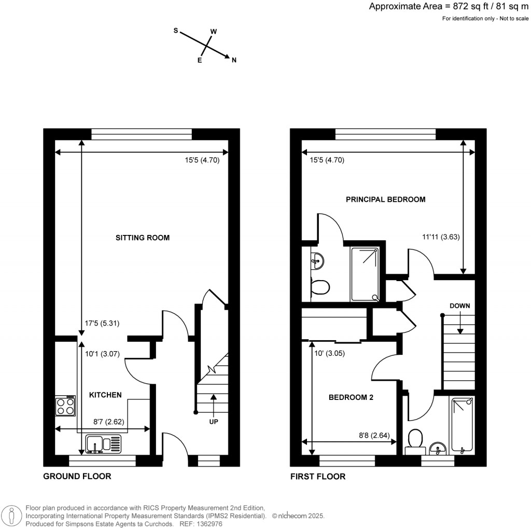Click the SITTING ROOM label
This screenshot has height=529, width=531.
point(143,238)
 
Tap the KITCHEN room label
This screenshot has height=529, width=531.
point(106,395)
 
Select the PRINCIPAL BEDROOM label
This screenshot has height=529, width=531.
point(386,199)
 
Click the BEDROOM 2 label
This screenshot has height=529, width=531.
point(351,398)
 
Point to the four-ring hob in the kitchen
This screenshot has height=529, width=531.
point(65,406)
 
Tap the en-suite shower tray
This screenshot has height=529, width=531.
point(365,274)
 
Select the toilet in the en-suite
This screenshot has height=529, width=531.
point(319,287)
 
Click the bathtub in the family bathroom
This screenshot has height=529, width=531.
point(462,425)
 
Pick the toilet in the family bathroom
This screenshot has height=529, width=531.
point(415,439)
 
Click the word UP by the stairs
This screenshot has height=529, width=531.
point(213,422)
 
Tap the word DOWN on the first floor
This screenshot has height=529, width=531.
point(459,306)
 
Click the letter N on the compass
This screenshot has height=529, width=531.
point(234,61)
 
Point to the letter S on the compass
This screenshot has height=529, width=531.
point(176,31)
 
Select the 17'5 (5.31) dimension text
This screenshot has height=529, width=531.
point(102,323)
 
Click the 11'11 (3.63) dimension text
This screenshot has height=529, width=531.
point(440,236)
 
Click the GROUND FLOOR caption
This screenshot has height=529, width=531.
point(77,476)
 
